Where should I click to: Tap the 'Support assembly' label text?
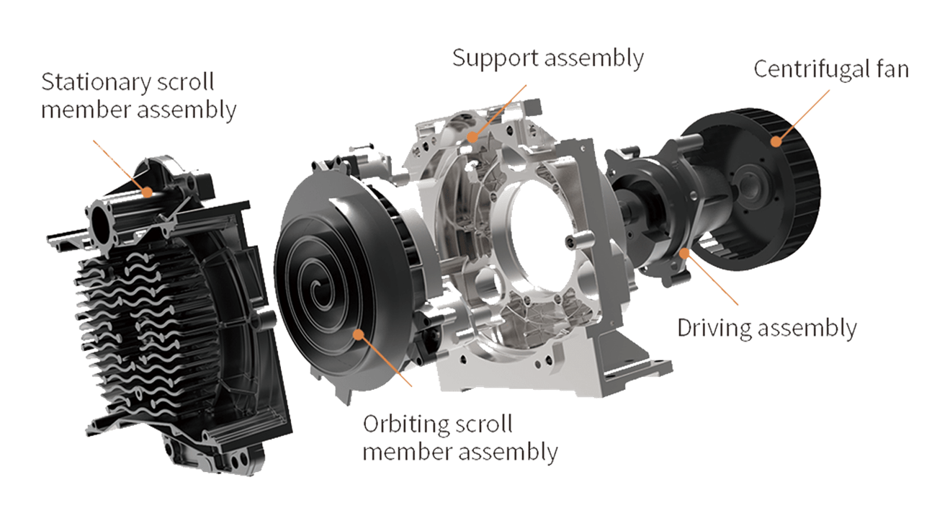pyautogui.click(x=548, y=59)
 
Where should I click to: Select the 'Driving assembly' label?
pyautogui.click(x=767, y=329)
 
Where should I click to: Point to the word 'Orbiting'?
pyautogui.click(x=401, y=424)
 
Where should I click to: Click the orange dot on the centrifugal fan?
pyautogui.click(x=776, y=141)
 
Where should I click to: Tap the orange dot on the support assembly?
pyautogui.click(x=472, y=138)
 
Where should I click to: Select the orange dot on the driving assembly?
pyautogui.click(x=684, y=253)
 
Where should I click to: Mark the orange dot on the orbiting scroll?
pyautogui.click(x=359, y=335)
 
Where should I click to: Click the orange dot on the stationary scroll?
pyautogui.click(x=147, y=192)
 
